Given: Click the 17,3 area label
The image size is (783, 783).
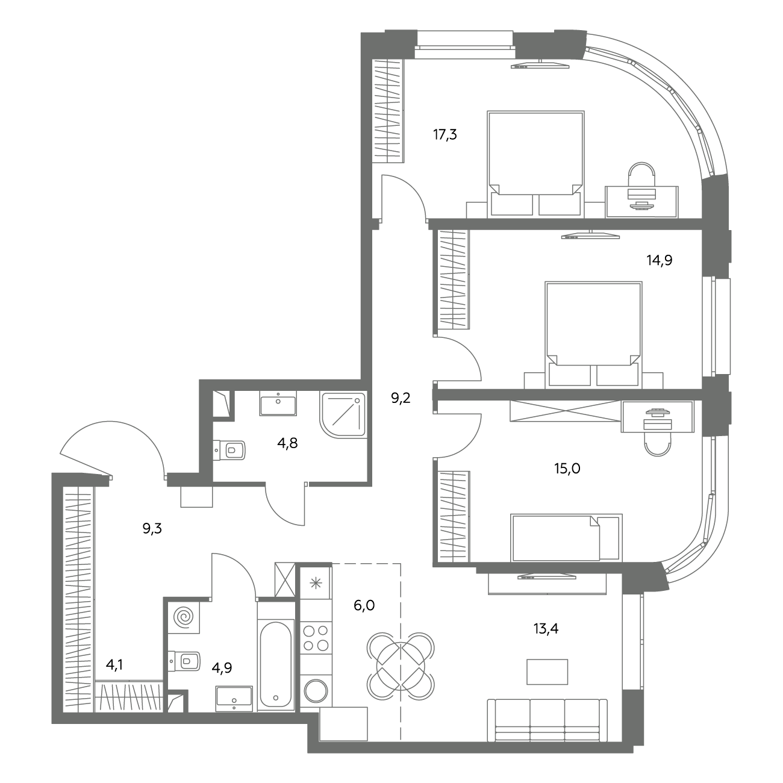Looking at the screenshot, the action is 445,134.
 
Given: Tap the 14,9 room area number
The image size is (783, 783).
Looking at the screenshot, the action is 660,260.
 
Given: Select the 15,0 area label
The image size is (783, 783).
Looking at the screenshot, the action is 567,469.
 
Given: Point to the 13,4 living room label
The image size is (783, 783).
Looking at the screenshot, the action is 546,629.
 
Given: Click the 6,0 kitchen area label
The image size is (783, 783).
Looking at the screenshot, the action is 364,605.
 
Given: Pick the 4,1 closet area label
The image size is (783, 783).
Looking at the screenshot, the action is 114,665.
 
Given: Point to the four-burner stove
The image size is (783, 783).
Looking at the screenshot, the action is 316,638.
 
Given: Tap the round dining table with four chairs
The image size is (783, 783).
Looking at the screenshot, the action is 401,666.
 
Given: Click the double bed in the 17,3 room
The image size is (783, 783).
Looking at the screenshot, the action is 536,163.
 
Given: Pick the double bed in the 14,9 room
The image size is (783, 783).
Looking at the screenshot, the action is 594,334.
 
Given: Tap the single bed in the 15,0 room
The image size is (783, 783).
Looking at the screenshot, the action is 566,538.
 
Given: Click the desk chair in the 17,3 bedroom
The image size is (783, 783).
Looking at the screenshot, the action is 641,175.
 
